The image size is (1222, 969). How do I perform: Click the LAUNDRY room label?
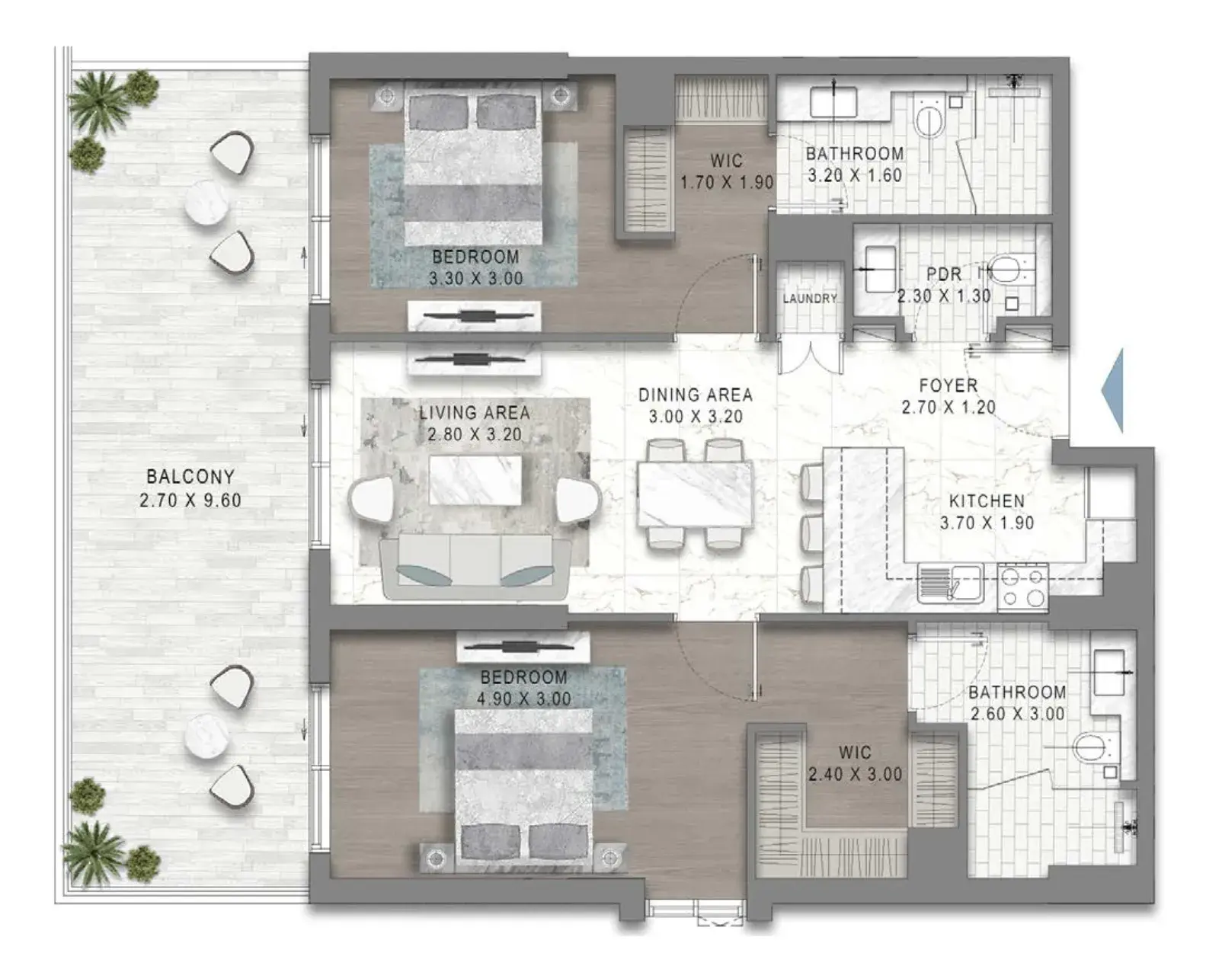[x=810, y=298]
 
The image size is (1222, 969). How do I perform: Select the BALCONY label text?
[x=190, y=477]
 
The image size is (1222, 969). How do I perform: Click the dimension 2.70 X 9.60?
[x=190, y=500]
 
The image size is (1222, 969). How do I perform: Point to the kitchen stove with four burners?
[x=1023, y=587]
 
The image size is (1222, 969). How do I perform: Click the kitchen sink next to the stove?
[x=951, y=584]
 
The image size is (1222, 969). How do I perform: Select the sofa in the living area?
[x=475, y=566]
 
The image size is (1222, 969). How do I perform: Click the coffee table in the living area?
[x=475, y=480]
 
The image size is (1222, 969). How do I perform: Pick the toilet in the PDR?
[x=1009, y=269]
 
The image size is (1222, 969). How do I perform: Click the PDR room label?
[x=944, y=274]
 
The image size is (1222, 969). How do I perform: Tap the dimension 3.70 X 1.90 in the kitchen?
[x=987, y=523]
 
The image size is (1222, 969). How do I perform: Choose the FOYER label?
[x=948, y=385]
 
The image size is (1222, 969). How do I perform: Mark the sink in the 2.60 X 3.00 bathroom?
[x=1109, y=673]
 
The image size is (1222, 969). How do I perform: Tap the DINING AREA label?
[x=696, y=395]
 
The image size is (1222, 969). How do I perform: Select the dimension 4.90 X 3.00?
[x=523, y=699]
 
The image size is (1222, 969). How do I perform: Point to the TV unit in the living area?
[x=474, y=360]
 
